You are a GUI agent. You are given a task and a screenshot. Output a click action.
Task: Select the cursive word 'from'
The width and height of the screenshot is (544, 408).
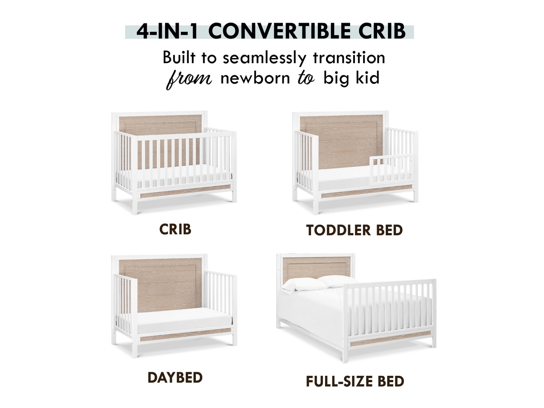189,79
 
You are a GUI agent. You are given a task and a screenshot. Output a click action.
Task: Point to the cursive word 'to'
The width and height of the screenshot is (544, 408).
306,78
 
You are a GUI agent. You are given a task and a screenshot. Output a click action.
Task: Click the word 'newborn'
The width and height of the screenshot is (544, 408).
255,78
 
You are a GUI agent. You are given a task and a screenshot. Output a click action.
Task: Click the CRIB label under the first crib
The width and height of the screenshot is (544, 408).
175,229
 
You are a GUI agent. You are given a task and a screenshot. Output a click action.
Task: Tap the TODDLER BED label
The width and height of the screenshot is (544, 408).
355,230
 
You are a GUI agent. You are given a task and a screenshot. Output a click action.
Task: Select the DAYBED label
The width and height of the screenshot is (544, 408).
175,378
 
